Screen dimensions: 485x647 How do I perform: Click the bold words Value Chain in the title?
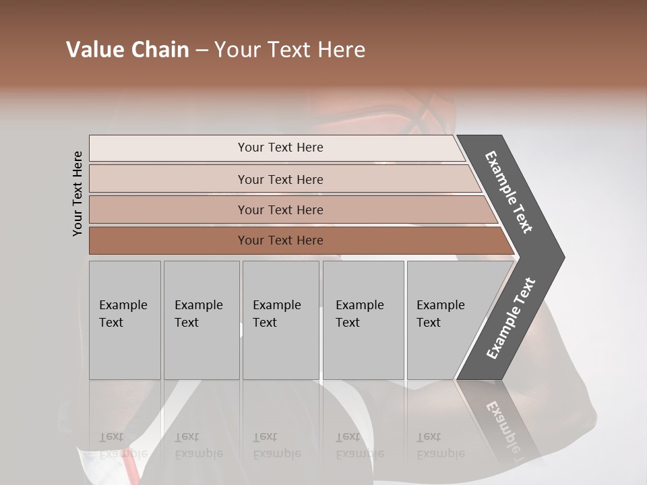click(127, 50)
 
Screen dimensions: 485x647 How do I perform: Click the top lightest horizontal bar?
click(168, 148)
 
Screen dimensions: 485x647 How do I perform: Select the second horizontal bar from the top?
click(168, 179)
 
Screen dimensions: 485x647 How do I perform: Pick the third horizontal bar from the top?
click(168, 209)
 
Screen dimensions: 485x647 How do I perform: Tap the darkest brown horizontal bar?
click(168, 240)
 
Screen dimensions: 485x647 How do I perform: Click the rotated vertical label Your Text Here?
click(78, 193)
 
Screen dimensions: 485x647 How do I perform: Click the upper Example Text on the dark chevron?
click(509, 192)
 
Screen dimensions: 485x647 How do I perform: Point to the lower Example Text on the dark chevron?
click(511, 318)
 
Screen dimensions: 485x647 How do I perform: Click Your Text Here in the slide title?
click(290, 50)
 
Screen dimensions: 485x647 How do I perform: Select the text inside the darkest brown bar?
click(280, 240)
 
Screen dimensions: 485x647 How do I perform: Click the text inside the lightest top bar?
click(280, 148)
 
